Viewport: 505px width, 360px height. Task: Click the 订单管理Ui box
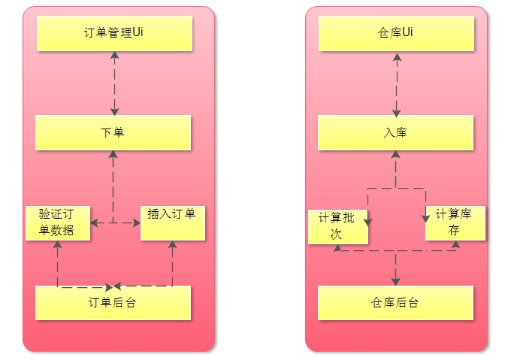pyautogui.click(x=113, y=34)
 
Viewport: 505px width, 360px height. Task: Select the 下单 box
pyautogui.click(x=113, y=133)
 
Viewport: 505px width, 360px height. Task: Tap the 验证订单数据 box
pyautogui.click(x=58, y=222)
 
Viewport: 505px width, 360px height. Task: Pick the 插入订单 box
pyautogui.click(x=172, y=222)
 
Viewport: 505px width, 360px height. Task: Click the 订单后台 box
pyautogui.click(x=113, y=303)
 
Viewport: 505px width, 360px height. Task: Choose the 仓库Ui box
pyautogui.click(x=395, y=34)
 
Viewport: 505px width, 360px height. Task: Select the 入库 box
pyautogui.click(x=395, y=133)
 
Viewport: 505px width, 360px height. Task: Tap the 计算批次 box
pyautogui.click(x=338, y=226)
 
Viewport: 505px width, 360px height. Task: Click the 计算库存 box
pyautogui.click(x=454, y=223)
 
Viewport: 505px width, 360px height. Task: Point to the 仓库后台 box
pyautogui.click(x=395, y=303)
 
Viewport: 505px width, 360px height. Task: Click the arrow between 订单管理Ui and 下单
pyautogui.click(x=113, y=83)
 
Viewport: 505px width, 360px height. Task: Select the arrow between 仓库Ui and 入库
pyautogui.click(x=396, y=83)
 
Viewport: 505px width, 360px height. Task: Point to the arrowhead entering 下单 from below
pyautogui.click(x=113, y=155)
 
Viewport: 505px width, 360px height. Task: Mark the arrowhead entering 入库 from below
pyautogui.click(x=396, y=155)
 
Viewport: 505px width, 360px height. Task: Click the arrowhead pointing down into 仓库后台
pyautogui.click(x=396, y=280)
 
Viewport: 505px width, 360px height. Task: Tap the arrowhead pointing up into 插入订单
pyautogui.click(x=172, y=245)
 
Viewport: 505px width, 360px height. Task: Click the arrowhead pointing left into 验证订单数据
pyautogui.click(x=95, y=222)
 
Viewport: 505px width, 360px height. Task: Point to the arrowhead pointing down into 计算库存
pyautogui.click(x=425, y=216)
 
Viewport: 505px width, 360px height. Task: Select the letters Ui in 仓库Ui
pyautogui.click(x=407, y=33)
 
